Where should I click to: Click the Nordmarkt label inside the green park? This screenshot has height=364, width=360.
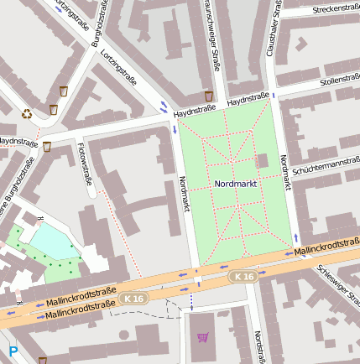click(235, 183)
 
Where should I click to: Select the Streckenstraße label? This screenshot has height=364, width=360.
click(334, 9)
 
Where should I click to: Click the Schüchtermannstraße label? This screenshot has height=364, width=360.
click(326, 164)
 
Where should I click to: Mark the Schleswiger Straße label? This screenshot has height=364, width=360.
click(339, 286)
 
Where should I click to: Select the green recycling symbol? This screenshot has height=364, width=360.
click(27, 113)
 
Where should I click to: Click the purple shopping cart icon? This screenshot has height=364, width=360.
click(202, 337)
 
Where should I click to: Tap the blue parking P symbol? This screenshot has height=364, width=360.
click(13, 351)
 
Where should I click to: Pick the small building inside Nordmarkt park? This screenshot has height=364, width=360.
click(261, 160)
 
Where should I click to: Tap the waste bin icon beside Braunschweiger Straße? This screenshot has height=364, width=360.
click(208, 96)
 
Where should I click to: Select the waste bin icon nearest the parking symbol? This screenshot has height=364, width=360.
click(42, 360)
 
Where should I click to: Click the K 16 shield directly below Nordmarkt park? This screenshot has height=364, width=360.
click(243, 276)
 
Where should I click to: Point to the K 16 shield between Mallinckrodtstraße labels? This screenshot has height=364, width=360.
click(132, 298)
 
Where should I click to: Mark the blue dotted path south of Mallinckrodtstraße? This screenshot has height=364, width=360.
click(191, 300)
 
